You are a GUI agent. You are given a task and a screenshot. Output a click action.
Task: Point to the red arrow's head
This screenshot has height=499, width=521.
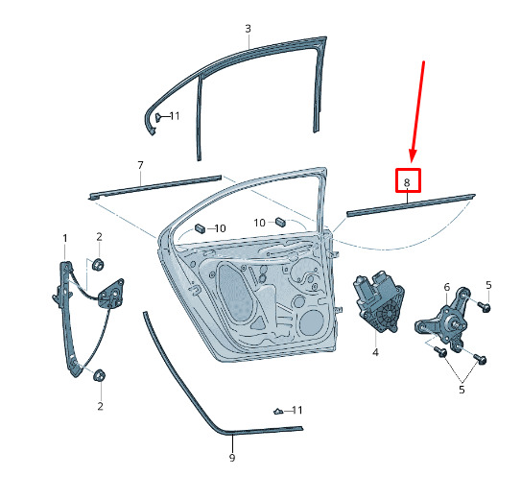tap(413, 155)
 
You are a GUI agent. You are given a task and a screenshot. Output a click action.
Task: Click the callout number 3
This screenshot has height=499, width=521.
tap(248, 29)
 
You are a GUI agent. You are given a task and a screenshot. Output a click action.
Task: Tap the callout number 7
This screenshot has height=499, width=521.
tap(140, 165)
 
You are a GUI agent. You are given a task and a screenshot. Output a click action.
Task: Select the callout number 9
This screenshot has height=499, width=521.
tap(232, 458)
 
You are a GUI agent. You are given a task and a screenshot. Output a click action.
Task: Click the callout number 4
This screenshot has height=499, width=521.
tap(375, 352)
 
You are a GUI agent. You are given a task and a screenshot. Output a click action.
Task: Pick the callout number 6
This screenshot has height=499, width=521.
tap(446, 287)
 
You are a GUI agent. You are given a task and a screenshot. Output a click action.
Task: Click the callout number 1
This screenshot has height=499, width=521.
tap(65, 238)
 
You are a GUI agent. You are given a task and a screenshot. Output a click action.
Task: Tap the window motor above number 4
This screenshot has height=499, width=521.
tap(378, 301)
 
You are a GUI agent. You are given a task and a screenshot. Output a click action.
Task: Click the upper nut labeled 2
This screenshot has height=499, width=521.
tap(98, 265)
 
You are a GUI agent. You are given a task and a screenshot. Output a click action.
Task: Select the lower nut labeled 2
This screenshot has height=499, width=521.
tap(99, 375)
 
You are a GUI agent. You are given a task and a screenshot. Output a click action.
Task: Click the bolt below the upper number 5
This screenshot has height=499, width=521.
tap(484, 306)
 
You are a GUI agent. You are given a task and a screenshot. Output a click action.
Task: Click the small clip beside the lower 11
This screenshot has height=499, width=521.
tap(278, 412)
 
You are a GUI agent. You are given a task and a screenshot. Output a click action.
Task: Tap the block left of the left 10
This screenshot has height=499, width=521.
tap(200, 228)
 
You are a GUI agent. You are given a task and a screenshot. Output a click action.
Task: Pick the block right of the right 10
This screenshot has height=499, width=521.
tap(281, 222)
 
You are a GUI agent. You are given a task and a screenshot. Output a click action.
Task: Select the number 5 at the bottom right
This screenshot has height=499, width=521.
tap(462, 390)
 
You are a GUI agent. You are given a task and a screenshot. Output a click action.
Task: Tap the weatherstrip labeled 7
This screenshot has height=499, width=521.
tap(154, 187)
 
